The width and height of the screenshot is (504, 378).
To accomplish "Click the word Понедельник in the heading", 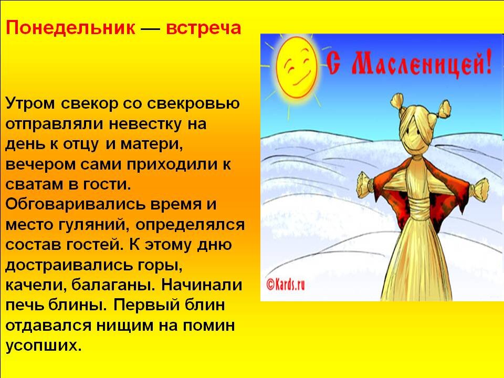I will (70, 28).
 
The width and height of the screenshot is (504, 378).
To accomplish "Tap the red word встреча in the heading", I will (203, 28).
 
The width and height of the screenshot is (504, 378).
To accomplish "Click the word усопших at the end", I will (44, 346).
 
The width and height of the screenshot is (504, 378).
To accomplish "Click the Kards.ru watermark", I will (286, 284).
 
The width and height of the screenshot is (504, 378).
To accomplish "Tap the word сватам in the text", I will (34, 185).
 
